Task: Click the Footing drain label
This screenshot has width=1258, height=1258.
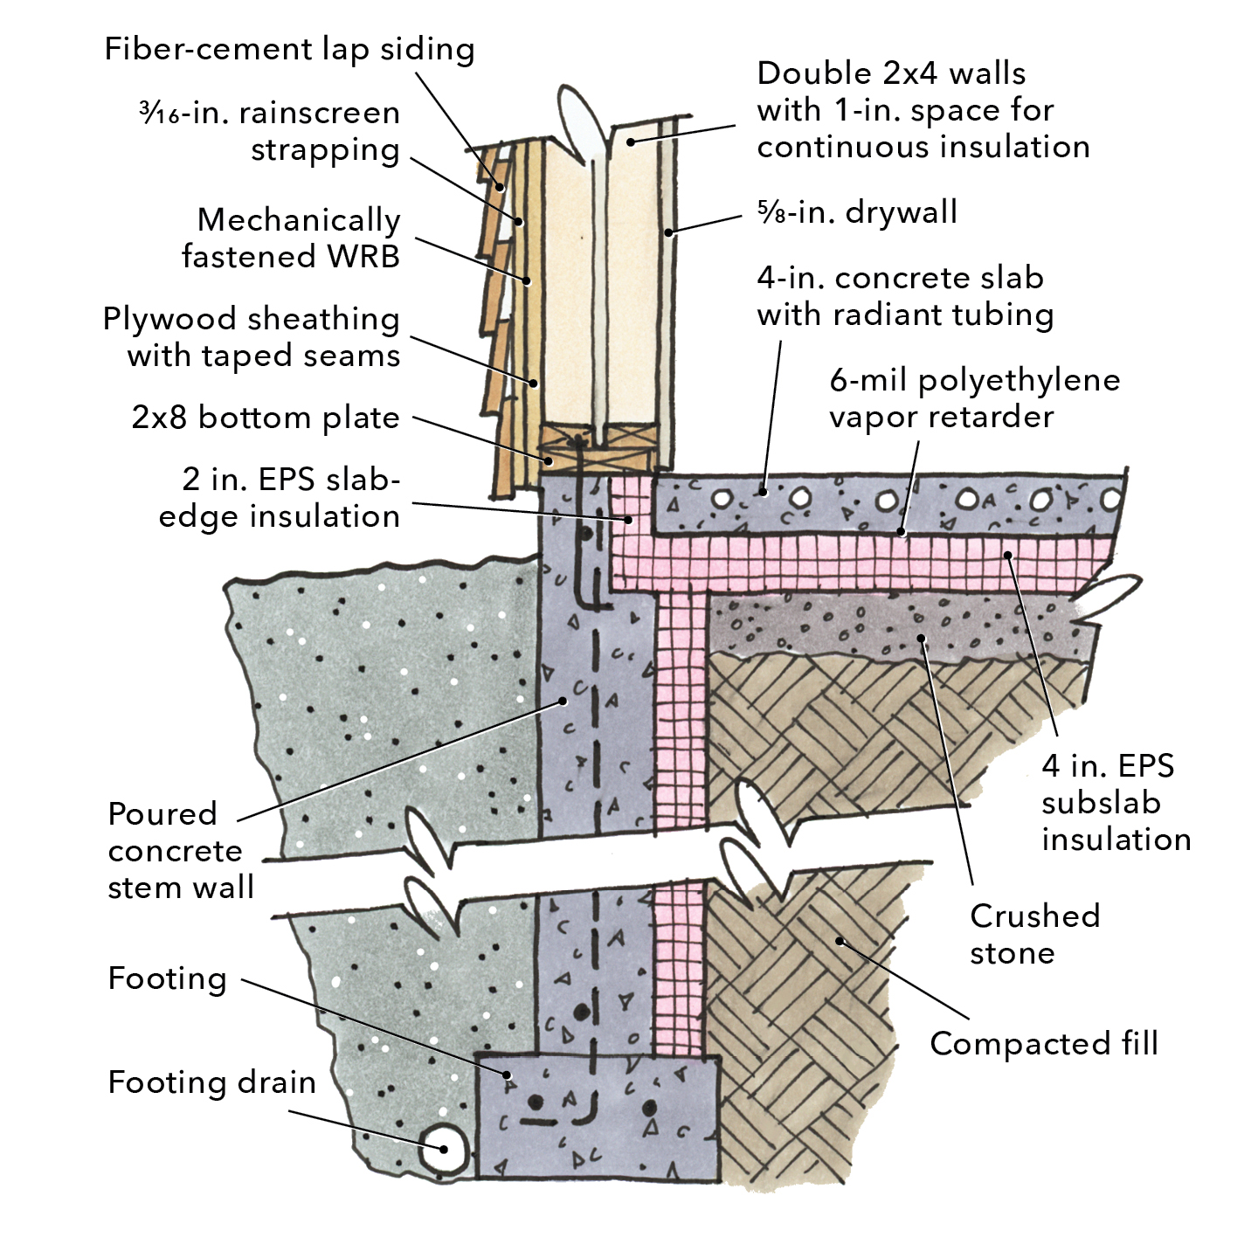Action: click(211, 1082)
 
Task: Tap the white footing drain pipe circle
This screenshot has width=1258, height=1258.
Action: click(443, 1149)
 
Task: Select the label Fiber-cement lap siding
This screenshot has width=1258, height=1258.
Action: click(289, 49)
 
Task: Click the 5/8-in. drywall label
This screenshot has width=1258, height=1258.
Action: click(857, 212)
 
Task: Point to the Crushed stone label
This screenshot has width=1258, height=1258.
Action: click(1034, 934)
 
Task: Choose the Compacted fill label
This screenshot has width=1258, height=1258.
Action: click(1043, 1043)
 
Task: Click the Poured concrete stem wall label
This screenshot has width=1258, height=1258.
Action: click(181, 850)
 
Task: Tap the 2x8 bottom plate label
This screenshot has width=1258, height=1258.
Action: click(266, 418)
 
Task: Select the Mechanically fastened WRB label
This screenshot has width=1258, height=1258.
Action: click(291, 238)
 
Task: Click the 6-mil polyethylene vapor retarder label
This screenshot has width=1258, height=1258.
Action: click(974, 398)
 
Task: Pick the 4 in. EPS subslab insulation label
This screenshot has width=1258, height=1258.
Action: click(1116, 802)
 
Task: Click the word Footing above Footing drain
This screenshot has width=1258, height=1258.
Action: click(167, 978)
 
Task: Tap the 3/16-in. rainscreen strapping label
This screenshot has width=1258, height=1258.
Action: click(270, 131)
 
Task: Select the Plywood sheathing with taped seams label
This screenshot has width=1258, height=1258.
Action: click(252, 337)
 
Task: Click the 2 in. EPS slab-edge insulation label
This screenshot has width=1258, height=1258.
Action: click(280, 498)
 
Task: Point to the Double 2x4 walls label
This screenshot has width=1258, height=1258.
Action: click(923, 110)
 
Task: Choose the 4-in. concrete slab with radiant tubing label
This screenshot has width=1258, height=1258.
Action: click(905, 296)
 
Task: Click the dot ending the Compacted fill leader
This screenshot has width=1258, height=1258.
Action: click(840, 941)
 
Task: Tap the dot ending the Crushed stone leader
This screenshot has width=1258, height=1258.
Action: click(922, 639)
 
